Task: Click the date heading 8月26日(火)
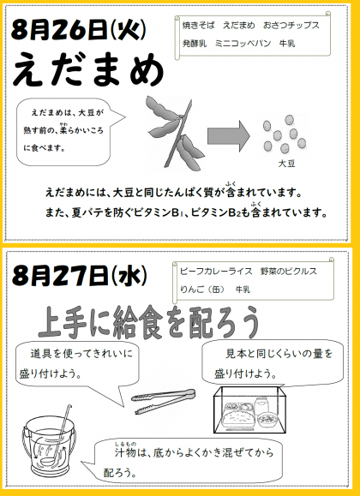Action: (x=79, y=31)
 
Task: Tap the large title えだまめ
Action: (x=88, y=71)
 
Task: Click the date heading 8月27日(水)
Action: (x=79, y=276)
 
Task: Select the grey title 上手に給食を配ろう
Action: (x=149, y=322)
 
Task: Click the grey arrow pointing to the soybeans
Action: (x=229, y=136)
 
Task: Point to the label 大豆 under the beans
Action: (x=286, y=164)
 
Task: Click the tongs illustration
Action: (x=164, y=401)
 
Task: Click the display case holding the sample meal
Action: (x=250, y=410)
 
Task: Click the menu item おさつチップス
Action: (x=291, y=26)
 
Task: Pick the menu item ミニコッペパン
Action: (x=243, y=44)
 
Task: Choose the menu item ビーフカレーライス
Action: (x=216, y=271)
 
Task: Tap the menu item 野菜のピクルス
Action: (x=289, y=271)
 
